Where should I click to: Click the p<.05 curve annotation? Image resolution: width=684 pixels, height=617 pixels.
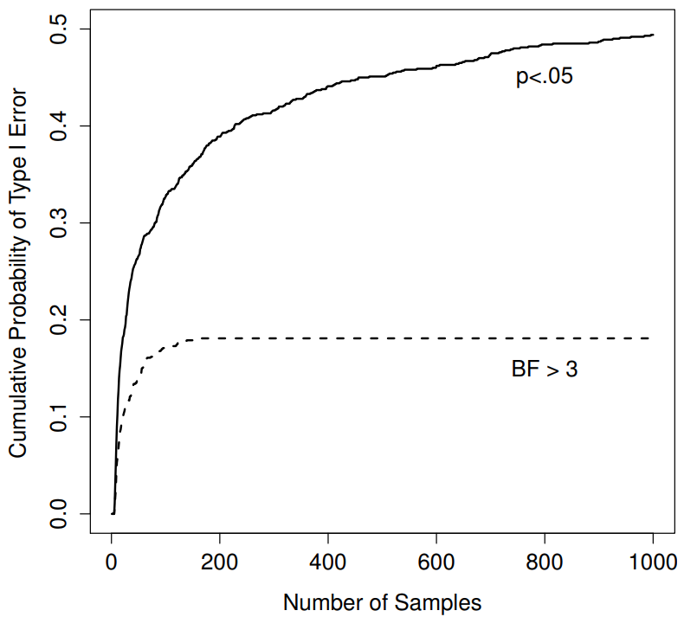click(x=545, y=78)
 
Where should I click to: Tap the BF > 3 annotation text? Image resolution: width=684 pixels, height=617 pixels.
click(x=544, y=370)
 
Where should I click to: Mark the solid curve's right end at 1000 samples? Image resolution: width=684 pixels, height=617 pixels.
click(x=653, y=35)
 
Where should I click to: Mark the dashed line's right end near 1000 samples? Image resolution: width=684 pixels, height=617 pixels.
click(x=649, y=337)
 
